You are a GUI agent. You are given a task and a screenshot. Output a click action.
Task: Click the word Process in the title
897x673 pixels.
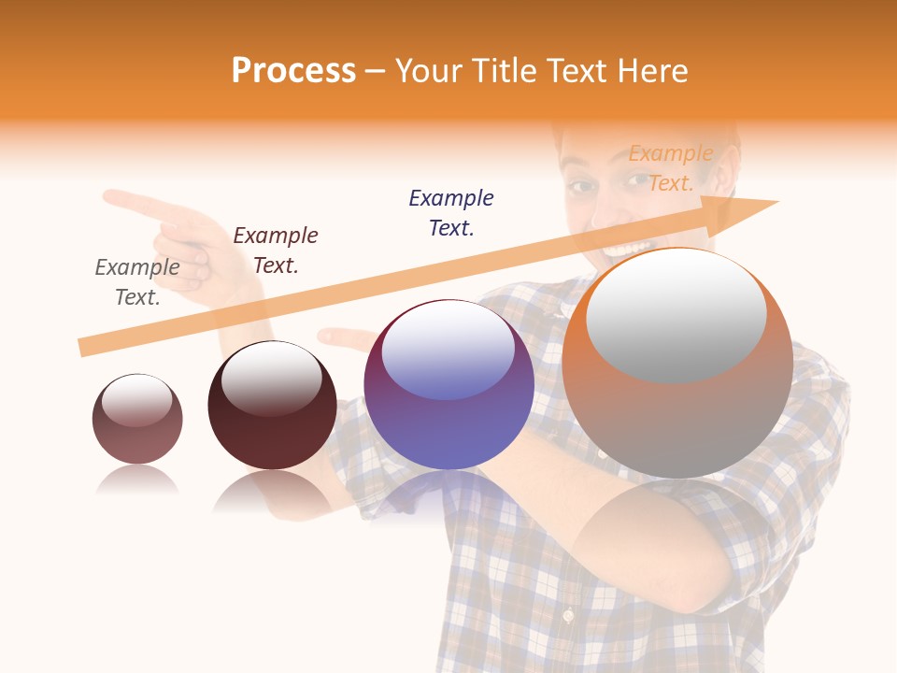pos(293,70)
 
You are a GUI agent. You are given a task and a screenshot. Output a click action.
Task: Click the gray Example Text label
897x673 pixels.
pos(137,282)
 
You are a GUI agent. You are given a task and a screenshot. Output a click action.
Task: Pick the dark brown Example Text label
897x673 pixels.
pos(276,251)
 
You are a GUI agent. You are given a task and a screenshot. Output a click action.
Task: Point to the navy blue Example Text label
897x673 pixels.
pos(451,213)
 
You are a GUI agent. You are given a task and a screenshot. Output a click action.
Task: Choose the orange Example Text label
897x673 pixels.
pos(671,168)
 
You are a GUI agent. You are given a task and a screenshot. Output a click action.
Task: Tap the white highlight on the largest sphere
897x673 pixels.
pos(676,313)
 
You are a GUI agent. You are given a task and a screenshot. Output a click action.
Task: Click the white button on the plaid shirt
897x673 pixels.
pos(566,617)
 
